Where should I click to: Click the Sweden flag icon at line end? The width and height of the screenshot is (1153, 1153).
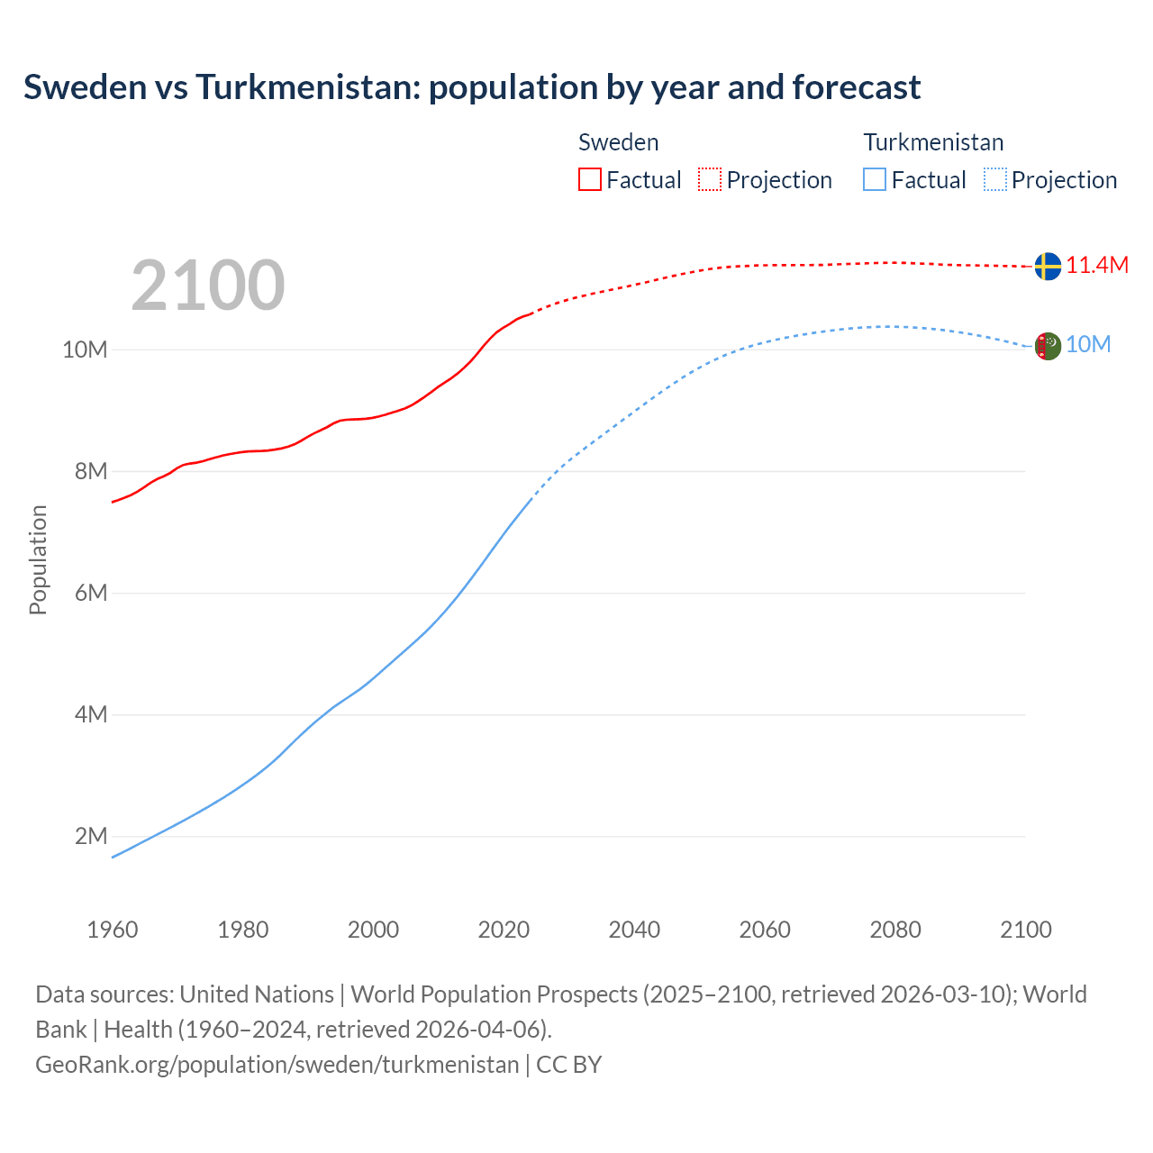[1047, 267]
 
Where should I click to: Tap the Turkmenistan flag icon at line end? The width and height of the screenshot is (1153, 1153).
[1047, 346]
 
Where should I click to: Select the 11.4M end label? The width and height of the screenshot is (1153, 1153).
[1097, 266]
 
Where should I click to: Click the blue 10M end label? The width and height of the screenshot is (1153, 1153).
[1088, 345]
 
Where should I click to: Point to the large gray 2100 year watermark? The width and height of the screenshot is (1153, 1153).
[208, 286]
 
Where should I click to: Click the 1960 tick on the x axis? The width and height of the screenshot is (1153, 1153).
[113, 930]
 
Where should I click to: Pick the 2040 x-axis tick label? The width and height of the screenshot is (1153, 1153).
[634, 930]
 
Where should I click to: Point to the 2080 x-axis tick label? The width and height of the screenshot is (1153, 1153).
[895, 930]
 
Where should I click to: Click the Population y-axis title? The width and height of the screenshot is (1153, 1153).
[38, 559]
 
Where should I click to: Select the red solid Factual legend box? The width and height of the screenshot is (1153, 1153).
[589, 180]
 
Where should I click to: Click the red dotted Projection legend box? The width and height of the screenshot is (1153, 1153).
[710, 180]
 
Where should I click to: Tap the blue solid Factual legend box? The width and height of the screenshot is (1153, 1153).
[875, 180]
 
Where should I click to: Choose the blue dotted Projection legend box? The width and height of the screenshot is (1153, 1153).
[995, 180]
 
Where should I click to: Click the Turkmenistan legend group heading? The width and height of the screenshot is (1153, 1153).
[933, 142]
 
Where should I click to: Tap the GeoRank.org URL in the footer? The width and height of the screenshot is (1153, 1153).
[277, 1065]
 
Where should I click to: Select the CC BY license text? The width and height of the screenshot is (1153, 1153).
[569, 1065]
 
